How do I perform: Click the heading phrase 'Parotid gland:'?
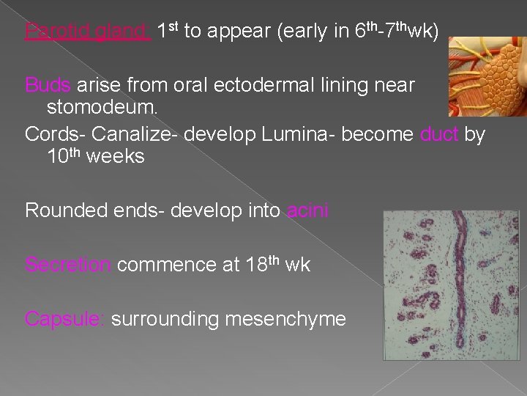coord(88,32)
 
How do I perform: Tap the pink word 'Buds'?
coord(48,85)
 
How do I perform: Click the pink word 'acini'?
coord(307,211)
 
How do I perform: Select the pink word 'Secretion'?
coord(67,265)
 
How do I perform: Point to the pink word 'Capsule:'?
coord(65,319)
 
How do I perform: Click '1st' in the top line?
coord(168,31)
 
